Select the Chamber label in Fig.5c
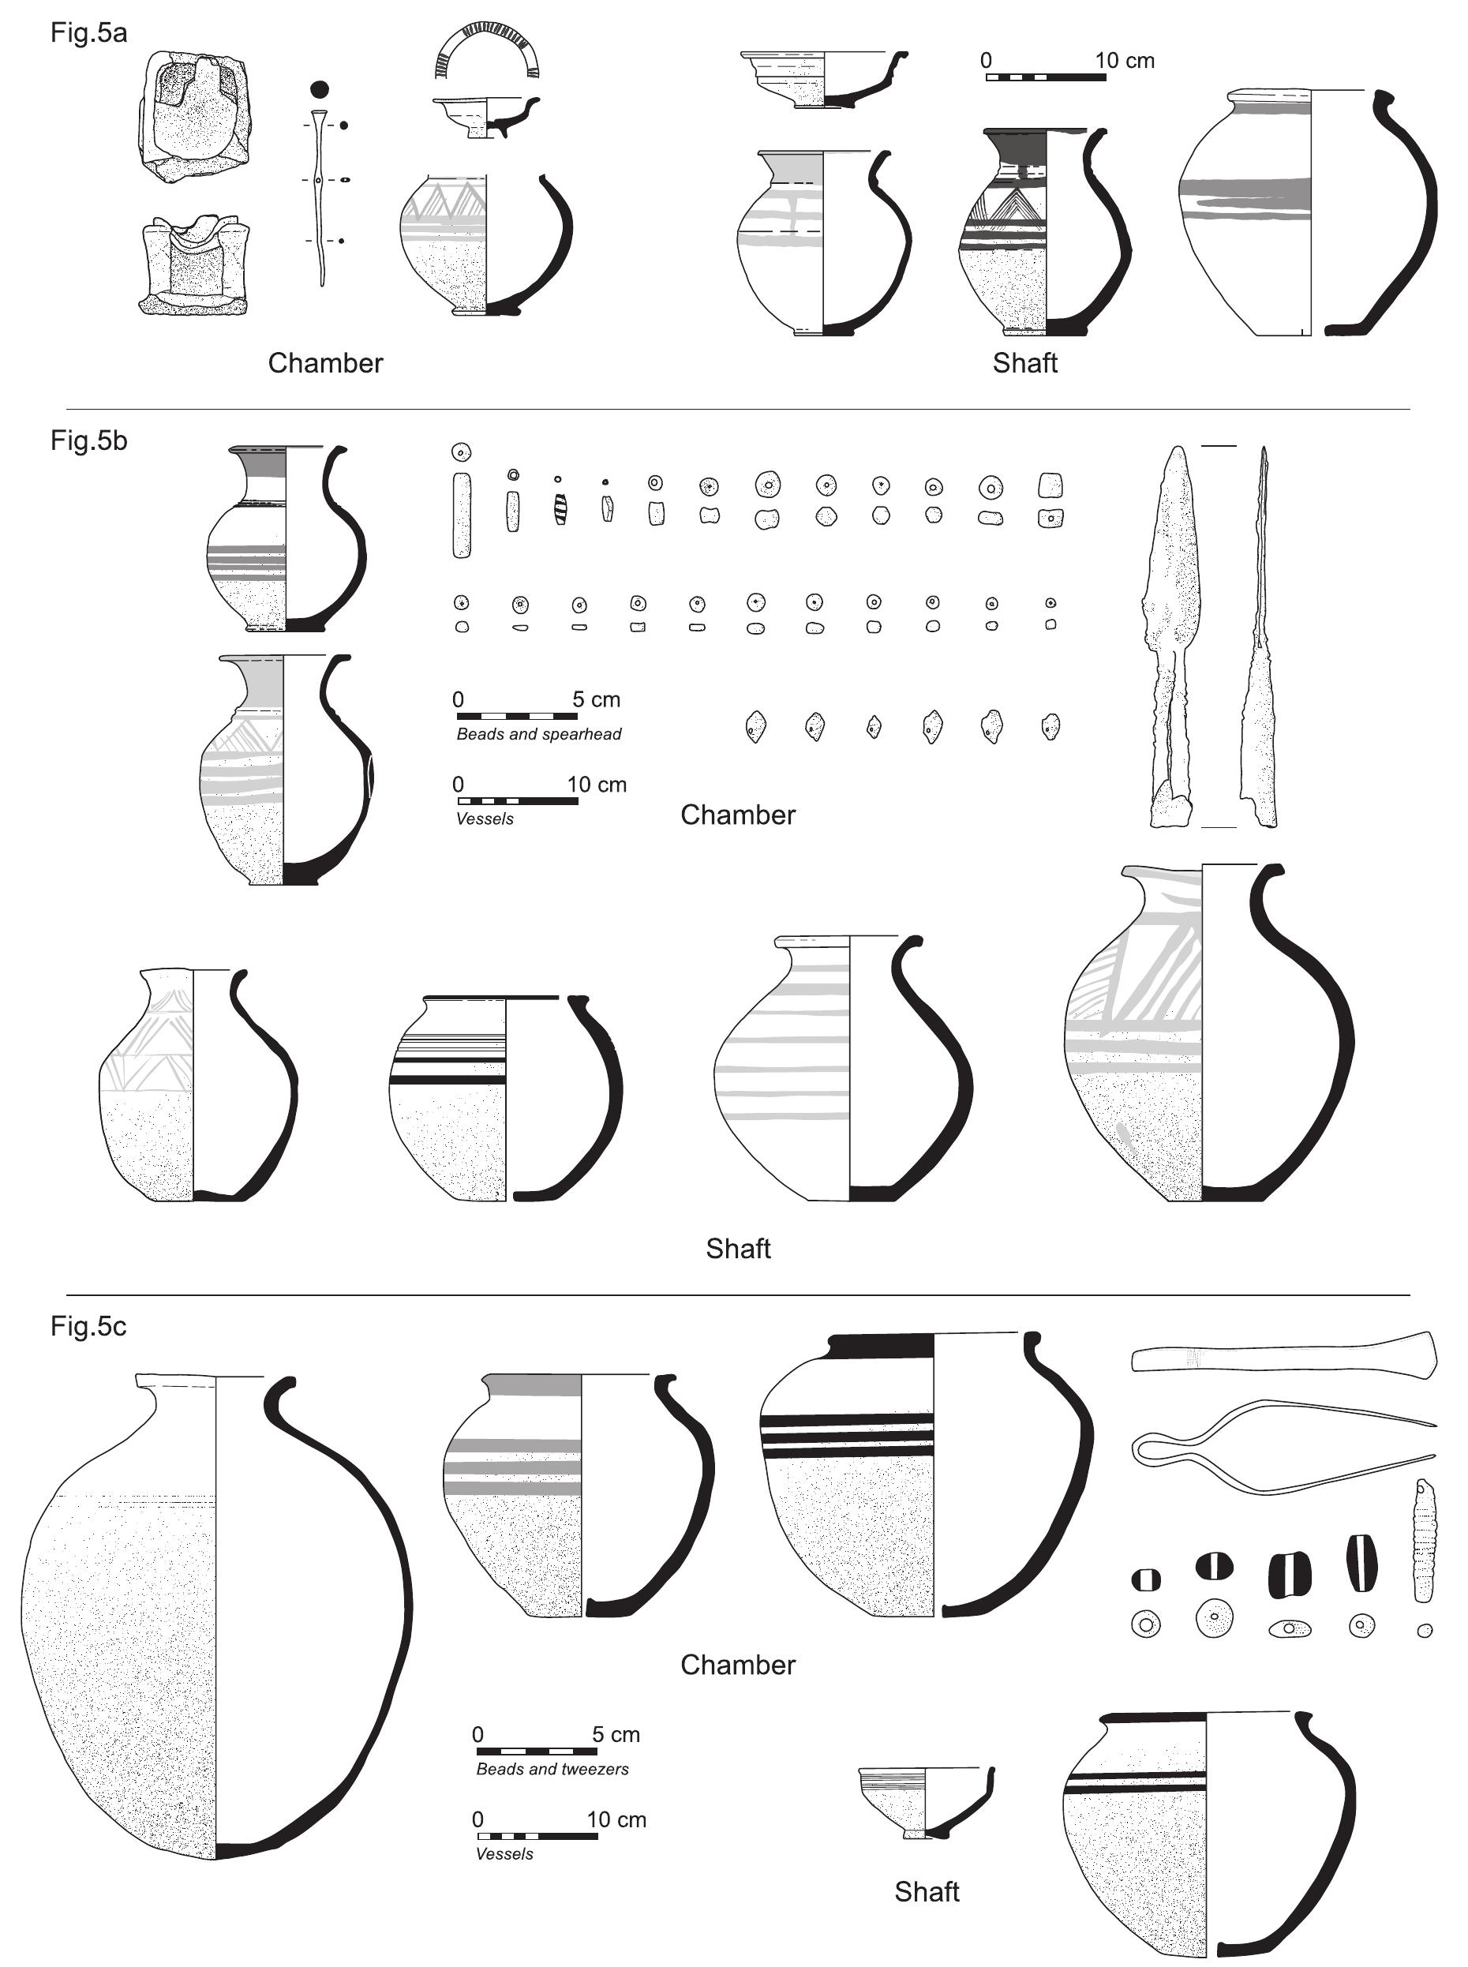(738, 1664)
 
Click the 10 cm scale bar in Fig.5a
(1046, 77)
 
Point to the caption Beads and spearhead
(538, 734)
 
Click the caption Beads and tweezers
(552, 1769)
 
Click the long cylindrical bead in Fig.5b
(461, 515)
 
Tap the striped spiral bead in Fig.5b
(560, 509)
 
